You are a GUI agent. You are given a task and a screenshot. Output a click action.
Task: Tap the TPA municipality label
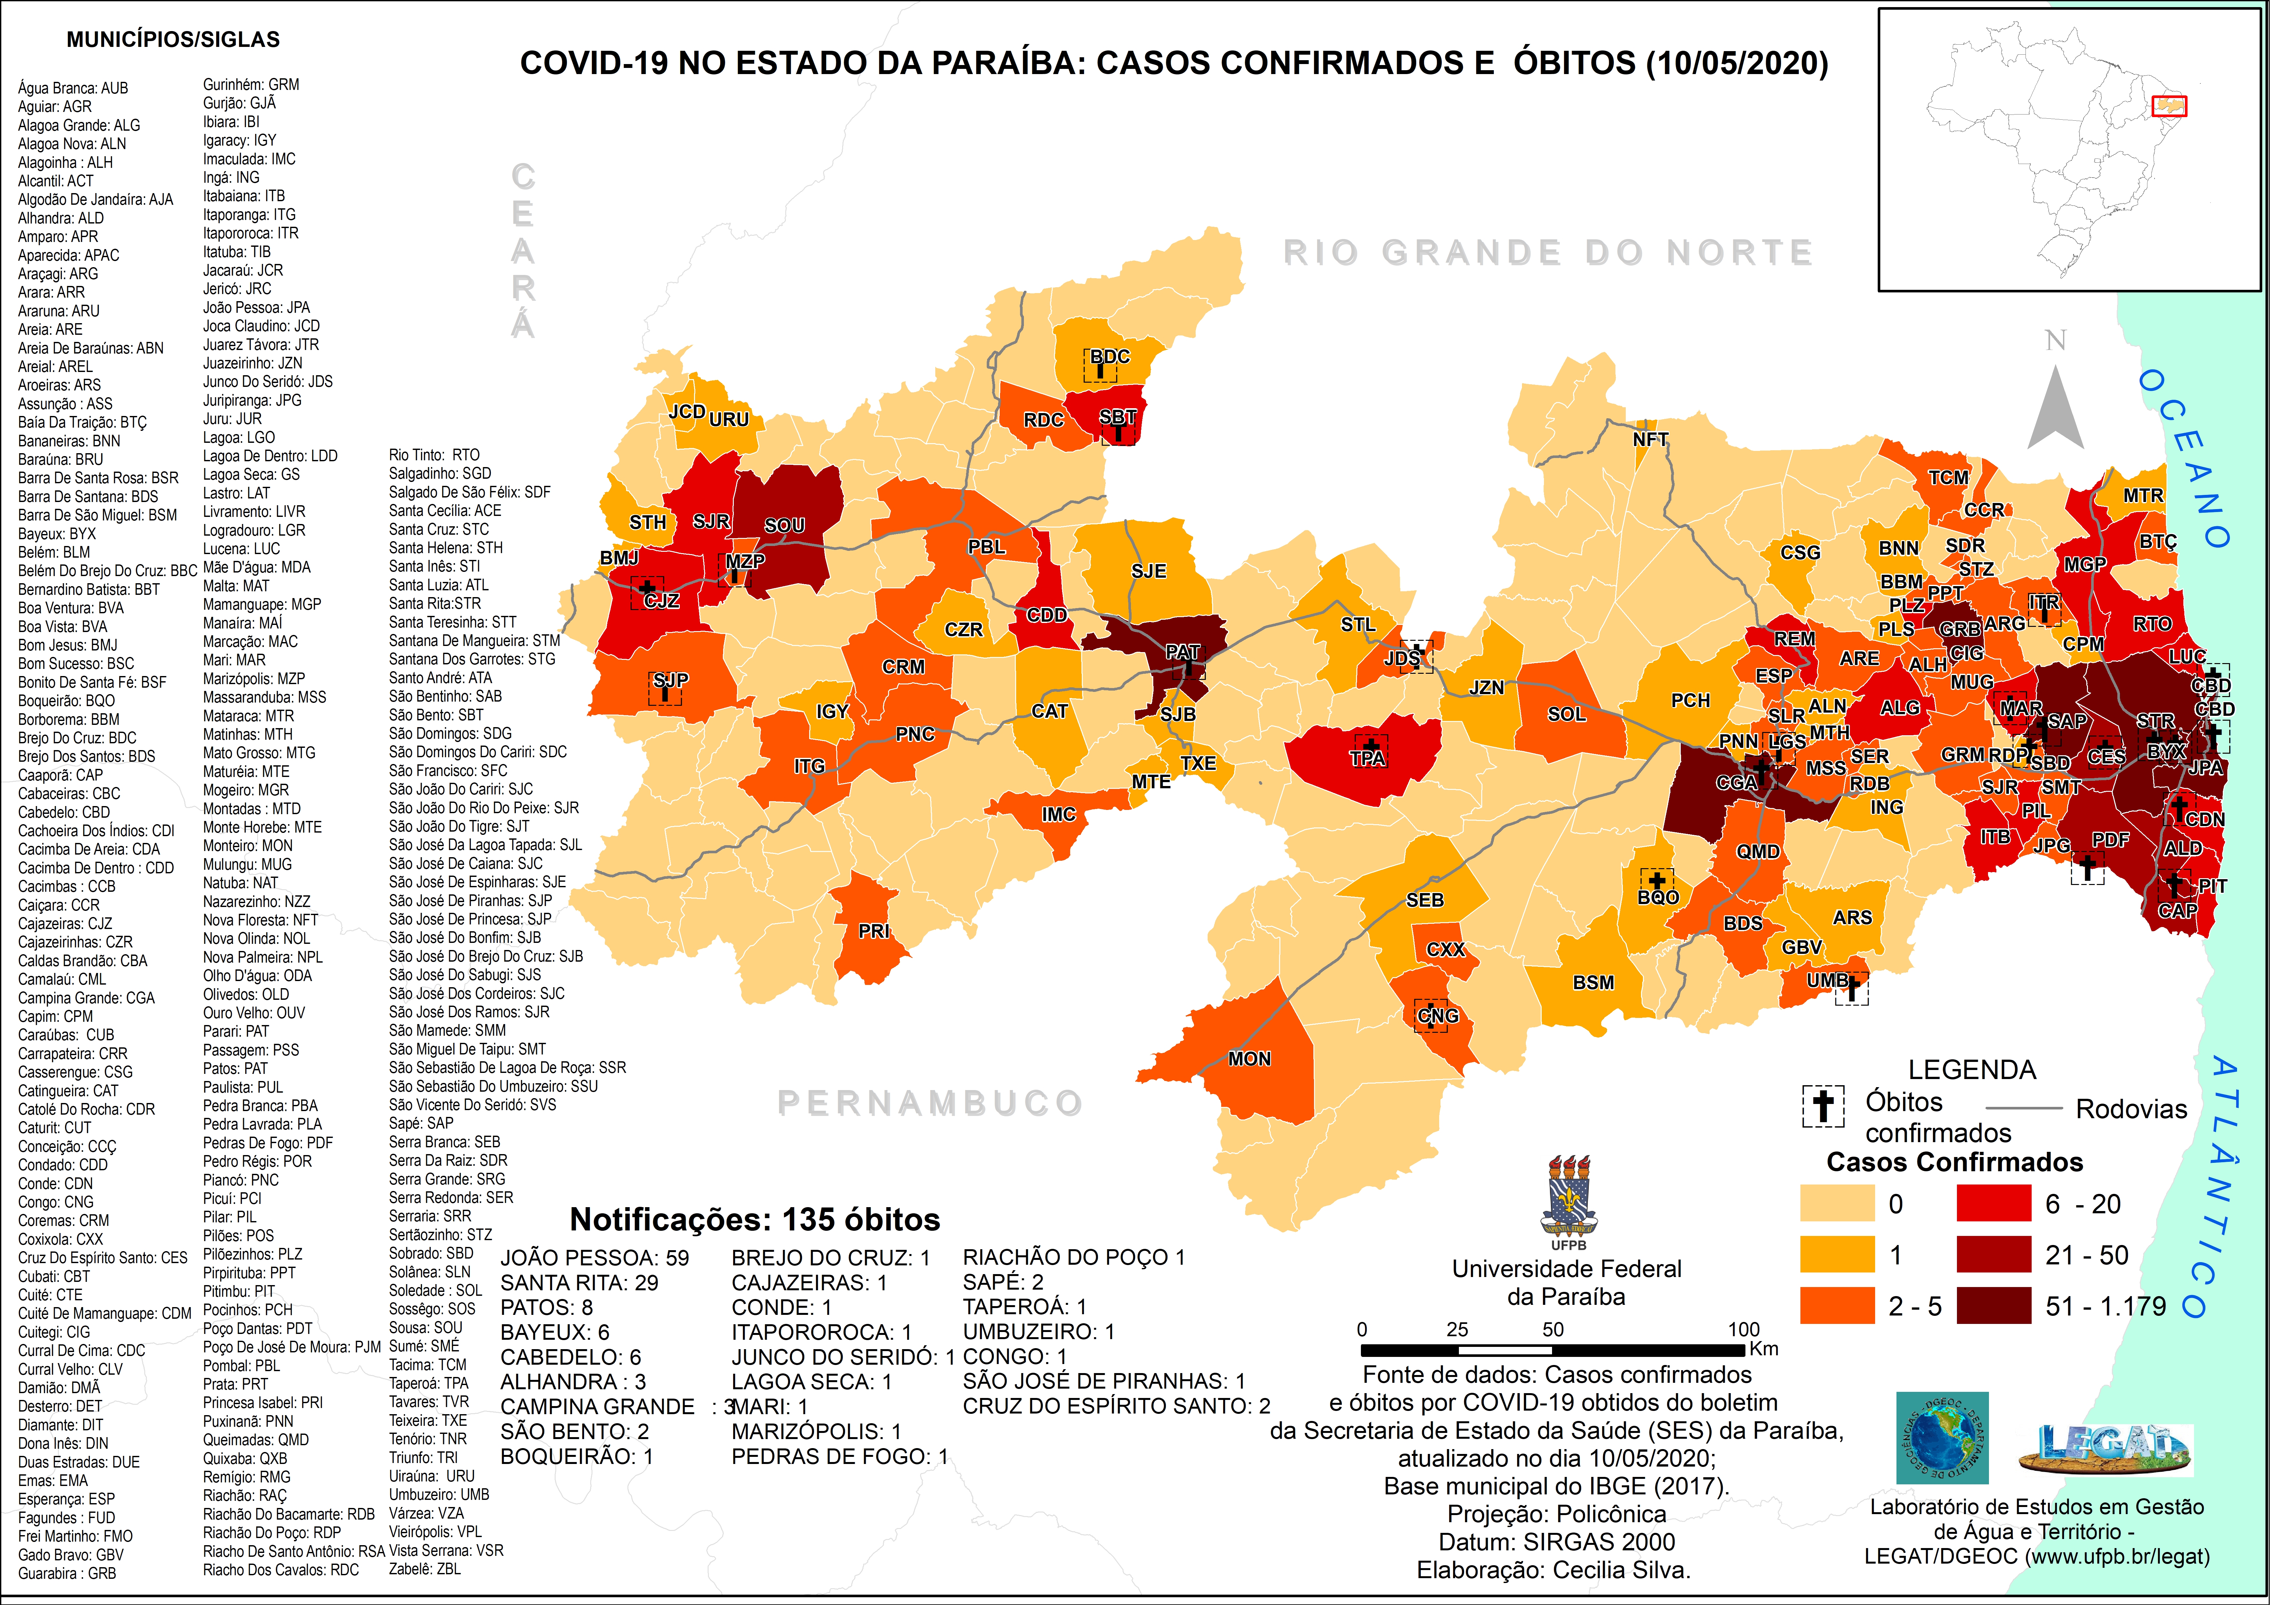tap(1367, 759)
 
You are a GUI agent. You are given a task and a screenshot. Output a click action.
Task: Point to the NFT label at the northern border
tap(1650, 439)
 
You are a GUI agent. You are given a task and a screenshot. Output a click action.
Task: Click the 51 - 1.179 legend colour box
tap(1993, 1305)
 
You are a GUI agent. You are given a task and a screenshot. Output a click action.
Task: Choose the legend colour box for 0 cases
tap(1836, 1204)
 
